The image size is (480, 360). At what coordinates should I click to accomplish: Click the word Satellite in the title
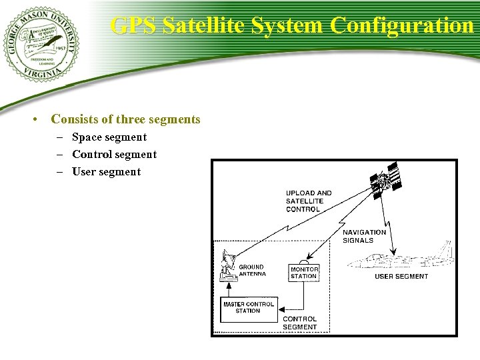point(203,25)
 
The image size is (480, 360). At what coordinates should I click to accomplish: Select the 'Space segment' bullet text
point(109,137)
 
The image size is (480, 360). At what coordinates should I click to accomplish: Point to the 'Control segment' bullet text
point(114,155)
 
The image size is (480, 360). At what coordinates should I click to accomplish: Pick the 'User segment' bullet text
point(107,172)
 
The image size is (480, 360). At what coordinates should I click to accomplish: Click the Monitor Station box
point(304,273)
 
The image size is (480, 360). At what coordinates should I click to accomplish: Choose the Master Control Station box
point(248,308)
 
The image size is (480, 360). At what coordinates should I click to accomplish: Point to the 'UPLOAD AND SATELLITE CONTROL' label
point(309,201)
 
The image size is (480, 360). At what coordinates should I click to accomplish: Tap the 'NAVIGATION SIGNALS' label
point(364,236)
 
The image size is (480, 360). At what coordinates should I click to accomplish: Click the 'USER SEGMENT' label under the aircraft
point(401,277)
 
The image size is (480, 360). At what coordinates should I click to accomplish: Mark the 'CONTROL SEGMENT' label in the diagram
point(300,323)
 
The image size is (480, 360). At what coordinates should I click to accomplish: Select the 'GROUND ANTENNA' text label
point(252,270)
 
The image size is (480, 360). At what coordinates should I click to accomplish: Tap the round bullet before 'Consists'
point(33,121)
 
